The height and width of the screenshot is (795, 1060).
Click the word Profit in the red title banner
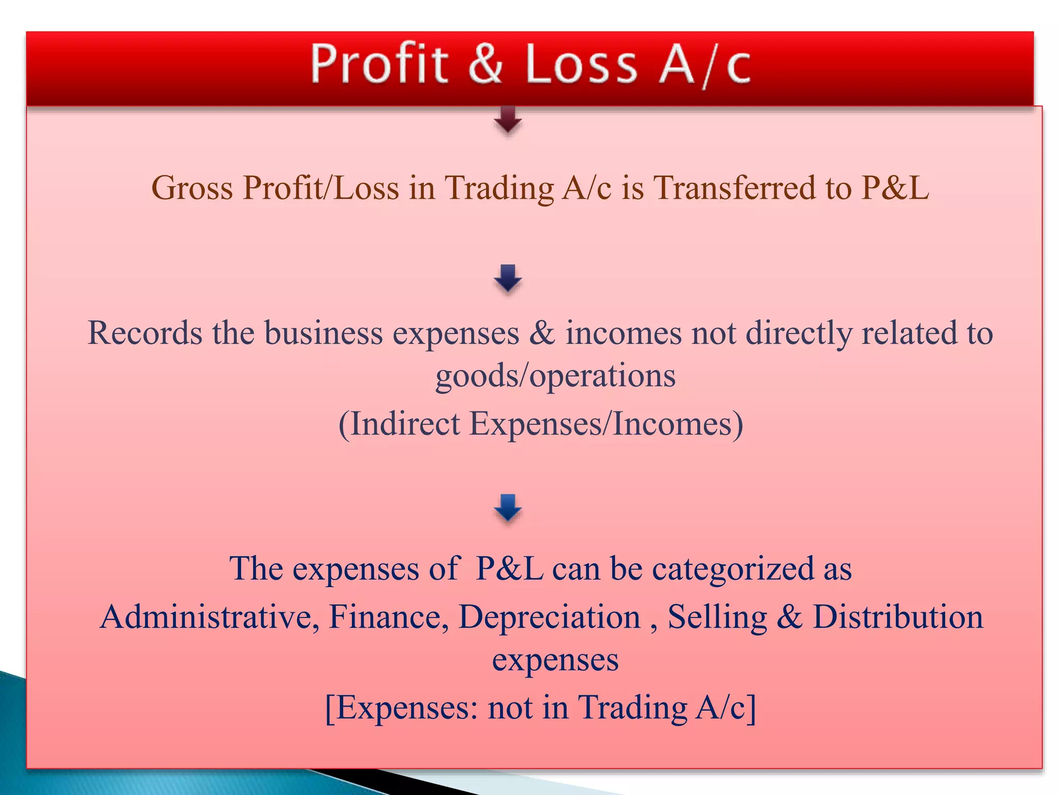379,64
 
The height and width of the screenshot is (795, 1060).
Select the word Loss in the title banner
581,64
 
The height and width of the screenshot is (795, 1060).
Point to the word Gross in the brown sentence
192,187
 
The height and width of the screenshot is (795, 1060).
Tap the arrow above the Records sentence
508,278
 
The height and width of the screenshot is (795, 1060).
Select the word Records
145,333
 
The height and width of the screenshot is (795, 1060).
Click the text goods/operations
555,375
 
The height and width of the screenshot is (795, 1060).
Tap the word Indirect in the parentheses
405,424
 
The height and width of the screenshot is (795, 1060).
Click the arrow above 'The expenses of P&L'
508,508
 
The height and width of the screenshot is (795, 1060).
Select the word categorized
732,569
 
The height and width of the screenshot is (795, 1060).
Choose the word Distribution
897,617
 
